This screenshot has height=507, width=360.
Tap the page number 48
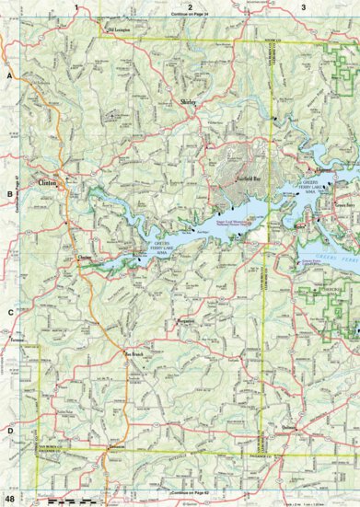[9, 498]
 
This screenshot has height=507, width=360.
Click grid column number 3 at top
[304, 6]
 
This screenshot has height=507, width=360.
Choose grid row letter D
[9, 430]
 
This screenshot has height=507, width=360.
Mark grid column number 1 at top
[75, 6]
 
